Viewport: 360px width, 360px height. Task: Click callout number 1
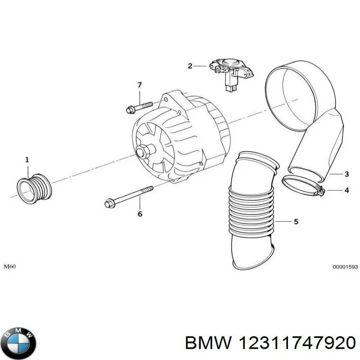[27, 159]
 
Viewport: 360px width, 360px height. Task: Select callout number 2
[190, 66]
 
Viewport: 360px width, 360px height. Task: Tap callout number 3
[346, 174]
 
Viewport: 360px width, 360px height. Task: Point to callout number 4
[346, 190]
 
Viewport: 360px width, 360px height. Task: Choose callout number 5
[296, 221]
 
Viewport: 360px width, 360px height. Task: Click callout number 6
[139, 214]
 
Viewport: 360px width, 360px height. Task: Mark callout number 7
[139, 85]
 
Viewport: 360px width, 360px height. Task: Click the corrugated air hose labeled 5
[250, 207]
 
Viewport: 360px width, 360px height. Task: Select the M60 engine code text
[10, 266]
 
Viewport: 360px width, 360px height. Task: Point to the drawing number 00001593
[345, 267]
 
